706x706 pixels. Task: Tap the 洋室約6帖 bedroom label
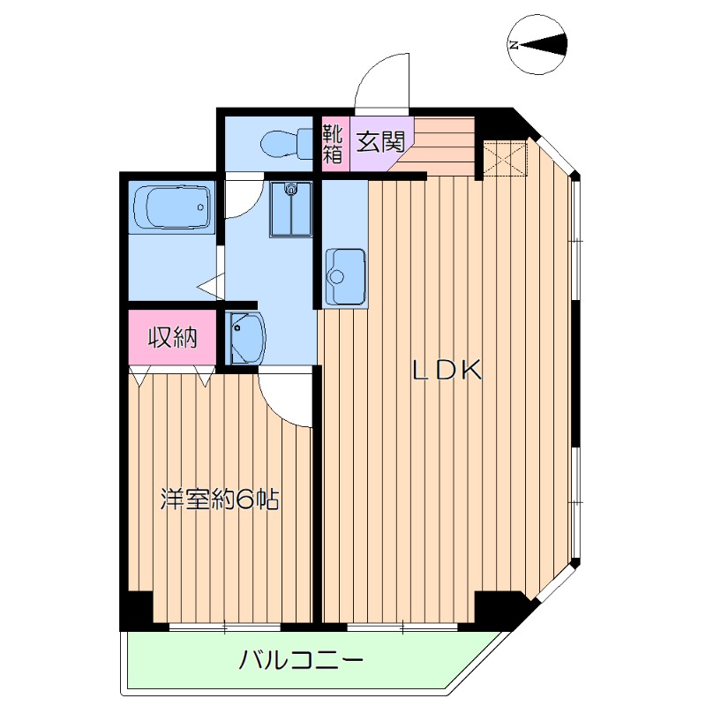[x=220, y=499]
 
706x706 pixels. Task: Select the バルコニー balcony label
[x=302, y=660]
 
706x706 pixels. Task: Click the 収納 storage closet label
[x=172, y=337]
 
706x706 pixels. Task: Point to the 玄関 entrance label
[x=380, y=139]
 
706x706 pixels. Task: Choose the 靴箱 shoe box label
[x=333, y=143]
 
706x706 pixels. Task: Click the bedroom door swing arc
[x=282, y=397]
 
